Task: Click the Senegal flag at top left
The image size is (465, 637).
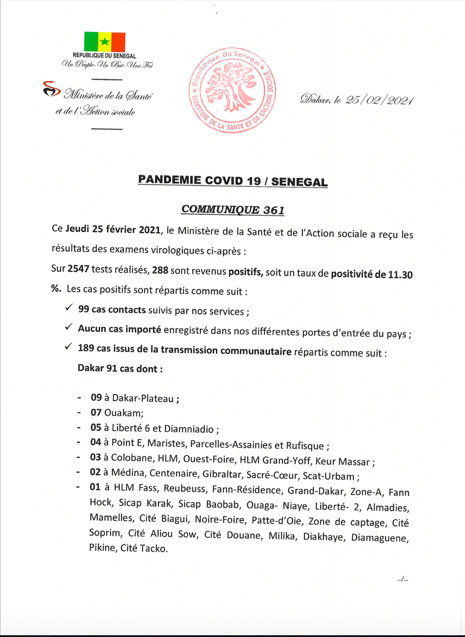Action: pyautogui.click(x=105, y=42)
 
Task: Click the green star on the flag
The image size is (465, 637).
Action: pyautogui.click(x=105, y=42)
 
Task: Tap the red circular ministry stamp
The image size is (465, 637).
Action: pyautogui.click(x=232, y=90)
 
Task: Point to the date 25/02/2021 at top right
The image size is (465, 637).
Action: pyautogui.click(x=379, y=100)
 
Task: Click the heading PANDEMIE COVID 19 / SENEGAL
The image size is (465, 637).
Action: pyautogui.click(x=232, y=181)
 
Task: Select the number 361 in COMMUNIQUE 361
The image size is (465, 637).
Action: pyautogui.click(x=274, y=210)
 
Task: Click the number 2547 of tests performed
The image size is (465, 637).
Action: pyautogui.click(x=79, y=269)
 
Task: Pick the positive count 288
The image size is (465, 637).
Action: pyautogui.click(x=160, y=270)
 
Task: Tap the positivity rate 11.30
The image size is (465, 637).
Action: pyautogui.click(x=400, y=275)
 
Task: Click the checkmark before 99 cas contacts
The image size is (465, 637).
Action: pyautogui.click(x=68, y=308)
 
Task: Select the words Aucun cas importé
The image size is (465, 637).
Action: pyautogui.click(x=120, y=329)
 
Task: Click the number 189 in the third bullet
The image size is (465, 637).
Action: pyautogui.click(x=86, y=348)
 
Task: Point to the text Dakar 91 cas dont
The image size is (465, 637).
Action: pyautogui.click(x=120, y=368)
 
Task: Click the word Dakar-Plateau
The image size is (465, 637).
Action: pyautogui.click(x=143, y=398)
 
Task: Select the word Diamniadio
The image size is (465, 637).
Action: pyautogui.click(x=189, y=429)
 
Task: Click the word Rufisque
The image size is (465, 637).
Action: pyautogui.click(x=305, y=445)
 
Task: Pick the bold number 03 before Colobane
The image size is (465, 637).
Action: pyautogui.click(x=96, y=457)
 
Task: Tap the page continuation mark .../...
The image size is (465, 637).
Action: pyautogui.click(x=403, y=579)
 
